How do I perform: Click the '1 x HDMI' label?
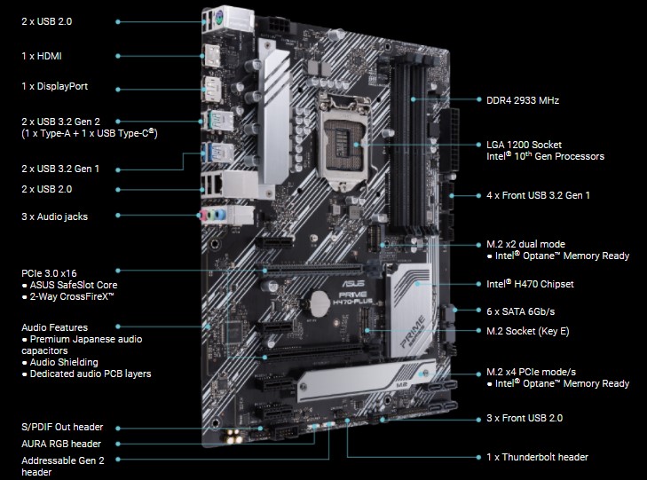[x=41, y=56]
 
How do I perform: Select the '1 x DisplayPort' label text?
[x=54, y=86]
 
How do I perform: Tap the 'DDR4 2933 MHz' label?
[x=523, y=100]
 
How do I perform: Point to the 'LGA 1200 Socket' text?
[x=524, y=145]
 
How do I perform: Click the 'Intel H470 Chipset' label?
[x=530, y=284]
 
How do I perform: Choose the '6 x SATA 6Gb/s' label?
[x=520, y=311]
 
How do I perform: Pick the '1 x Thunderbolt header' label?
[x=537, y=457]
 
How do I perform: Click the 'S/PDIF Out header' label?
[x=62, y=428]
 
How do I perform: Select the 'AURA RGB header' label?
[x=61, y=444]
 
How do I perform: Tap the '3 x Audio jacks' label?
[x=54, y=216]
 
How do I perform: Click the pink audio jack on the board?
[x=203, y=216]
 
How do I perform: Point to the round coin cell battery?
[x=320, y=304]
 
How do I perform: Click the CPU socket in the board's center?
[x=343, y=142]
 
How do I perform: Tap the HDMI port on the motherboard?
[x=212, y=55]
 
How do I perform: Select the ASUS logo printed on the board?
[x=353, y=283]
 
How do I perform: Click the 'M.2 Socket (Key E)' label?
[x=528, y=332]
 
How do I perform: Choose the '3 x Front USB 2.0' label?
[x=525, y=418]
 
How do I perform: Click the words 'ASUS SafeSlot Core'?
[x=74, y=285]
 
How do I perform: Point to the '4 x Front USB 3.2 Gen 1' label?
[x=538, y=195]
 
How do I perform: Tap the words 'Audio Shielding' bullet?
[x=64, y=363]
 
